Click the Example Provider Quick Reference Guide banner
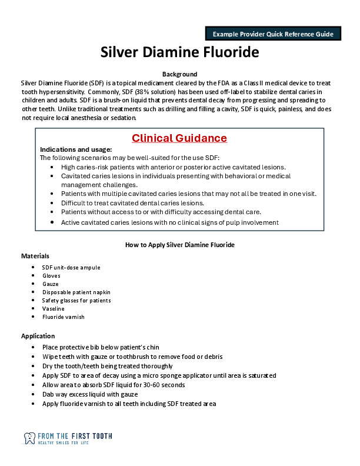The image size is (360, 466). [273, 34]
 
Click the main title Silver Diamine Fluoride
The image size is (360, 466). [179, 52]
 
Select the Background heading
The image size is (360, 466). [179, 74]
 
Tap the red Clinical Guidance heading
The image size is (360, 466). [179, 138]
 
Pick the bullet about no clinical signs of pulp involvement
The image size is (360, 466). [169, 222]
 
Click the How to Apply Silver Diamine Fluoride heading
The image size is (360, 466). [179, 245]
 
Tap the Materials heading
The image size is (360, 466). [35, 256]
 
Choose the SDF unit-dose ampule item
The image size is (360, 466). [71, 268]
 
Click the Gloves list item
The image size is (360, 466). [51, 276]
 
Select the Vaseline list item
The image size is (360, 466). [54, 309]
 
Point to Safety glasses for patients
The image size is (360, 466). [76, 301]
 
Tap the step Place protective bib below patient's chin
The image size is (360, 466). [101, 348]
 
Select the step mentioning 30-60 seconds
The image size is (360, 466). [114, 385]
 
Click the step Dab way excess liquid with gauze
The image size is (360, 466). [90, 394]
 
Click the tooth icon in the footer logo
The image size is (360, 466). [29, 438]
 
